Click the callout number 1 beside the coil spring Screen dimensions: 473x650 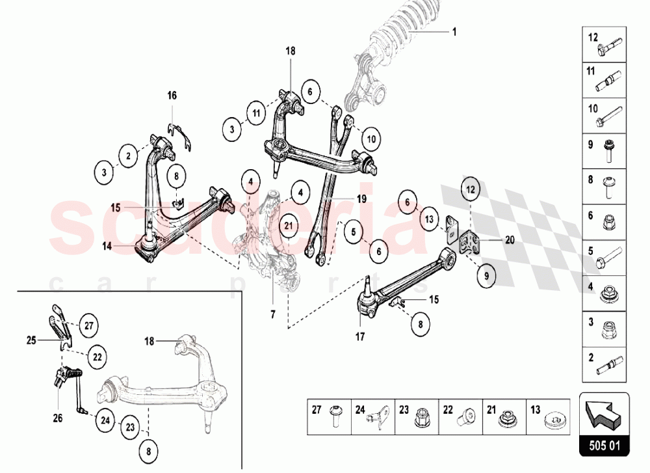coord(454,31)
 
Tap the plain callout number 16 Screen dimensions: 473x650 coord(172,96)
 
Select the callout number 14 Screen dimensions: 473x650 coord(107,246)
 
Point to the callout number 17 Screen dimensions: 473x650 coord(360,337)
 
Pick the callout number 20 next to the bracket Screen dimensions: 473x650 coord(510,239)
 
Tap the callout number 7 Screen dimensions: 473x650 coord(273,314)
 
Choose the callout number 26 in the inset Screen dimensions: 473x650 coord(57,418)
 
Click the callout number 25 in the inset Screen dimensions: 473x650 coord(31,339)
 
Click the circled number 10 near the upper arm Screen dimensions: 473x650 coord(370,139)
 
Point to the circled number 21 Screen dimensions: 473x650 coord(289,226)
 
